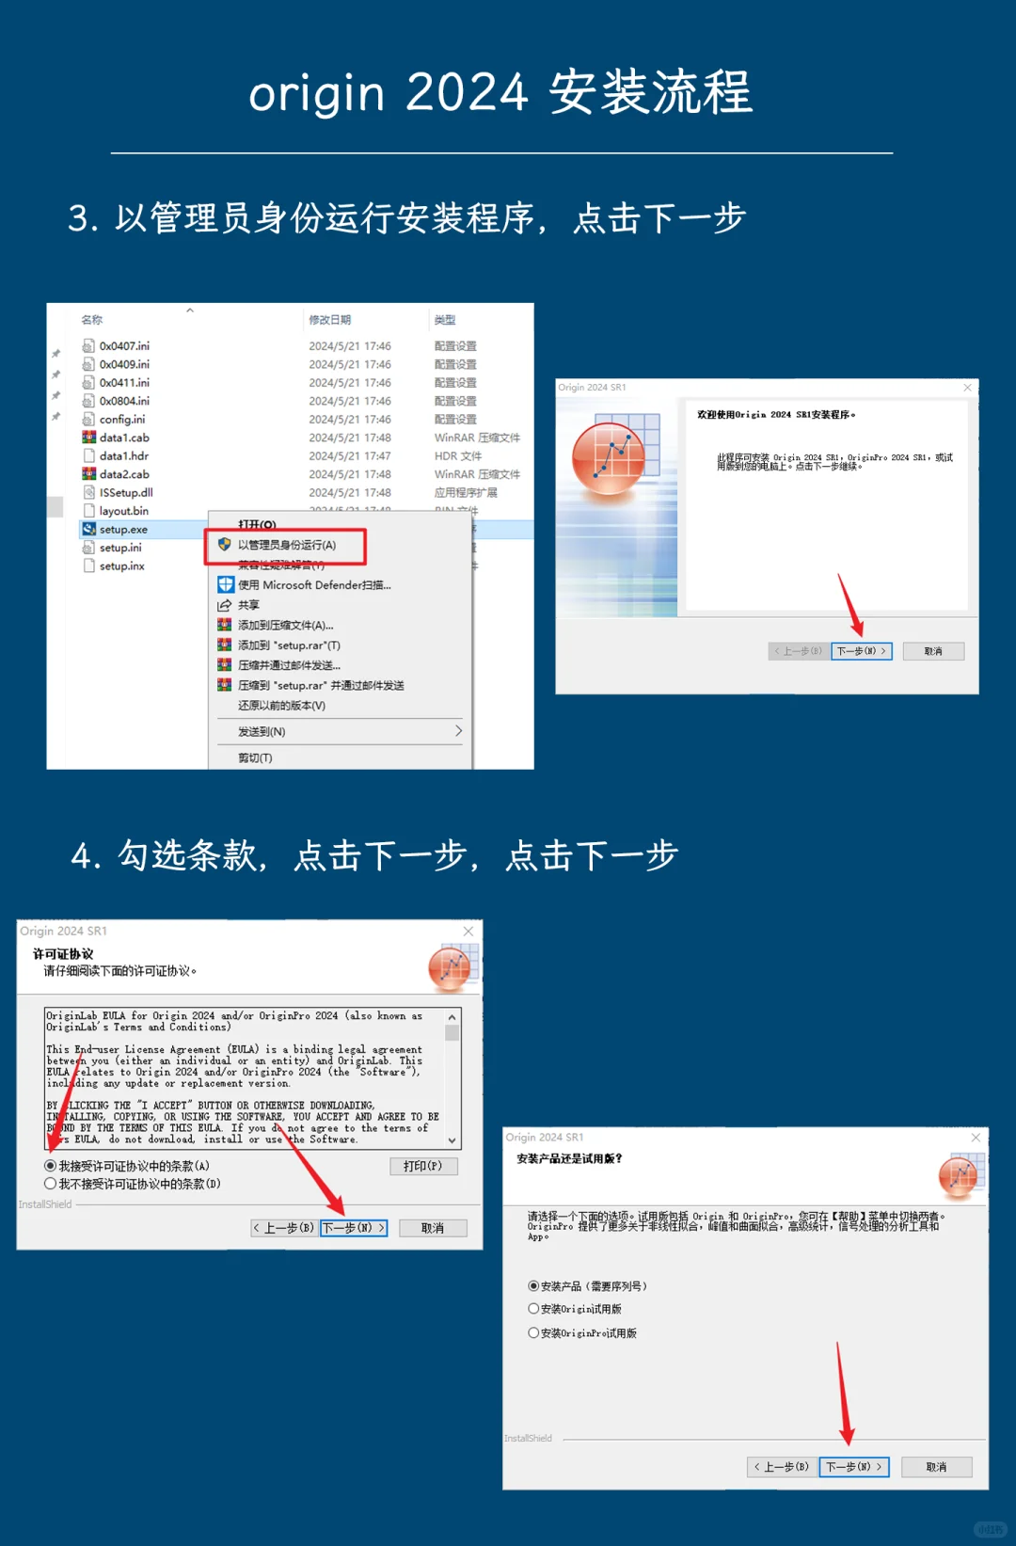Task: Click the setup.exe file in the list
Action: (123, 530)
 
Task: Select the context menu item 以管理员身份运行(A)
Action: (286, 545)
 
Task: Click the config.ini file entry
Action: (121, 420)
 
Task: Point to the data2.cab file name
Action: (124, 474)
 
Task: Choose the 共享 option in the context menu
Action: (248, 605)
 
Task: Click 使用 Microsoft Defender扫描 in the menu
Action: (313, 585)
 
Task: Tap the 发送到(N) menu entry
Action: (262, 731)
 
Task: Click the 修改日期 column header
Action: (329, 320)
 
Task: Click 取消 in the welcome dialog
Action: (933, 651)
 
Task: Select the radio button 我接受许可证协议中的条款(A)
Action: (51, 1166)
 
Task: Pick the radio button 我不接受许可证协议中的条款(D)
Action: (51, 1184)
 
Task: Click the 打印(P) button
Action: (422, 1166)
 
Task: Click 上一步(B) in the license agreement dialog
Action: (283, 1228)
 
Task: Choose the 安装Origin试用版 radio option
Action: (533, 1309)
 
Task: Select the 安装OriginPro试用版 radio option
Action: (533, 1333)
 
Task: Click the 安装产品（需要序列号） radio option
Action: (533, 1286)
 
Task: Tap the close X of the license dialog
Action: (468, 932)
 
